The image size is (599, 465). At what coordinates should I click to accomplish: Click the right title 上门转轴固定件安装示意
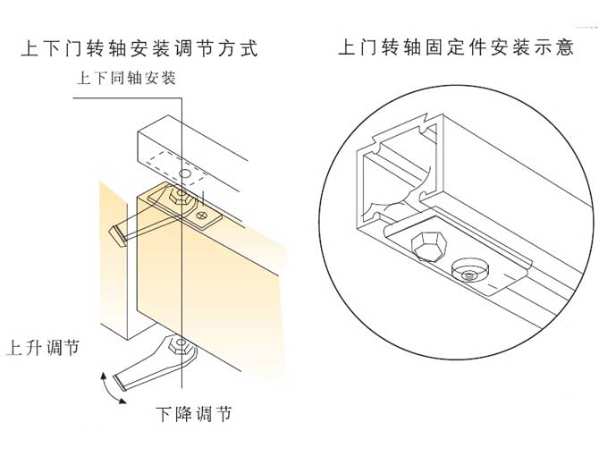pos(456,47)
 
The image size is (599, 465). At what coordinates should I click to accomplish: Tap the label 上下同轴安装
pos(126,78)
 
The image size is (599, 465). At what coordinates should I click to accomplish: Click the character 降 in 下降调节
pos(183,414)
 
